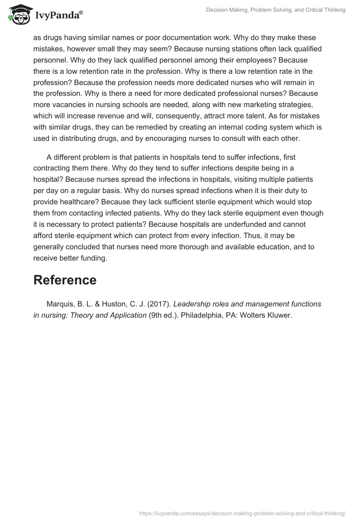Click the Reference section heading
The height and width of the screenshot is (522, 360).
pos(65,280)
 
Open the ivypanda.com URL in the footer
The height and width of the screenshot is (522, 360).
pos(242,513)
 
